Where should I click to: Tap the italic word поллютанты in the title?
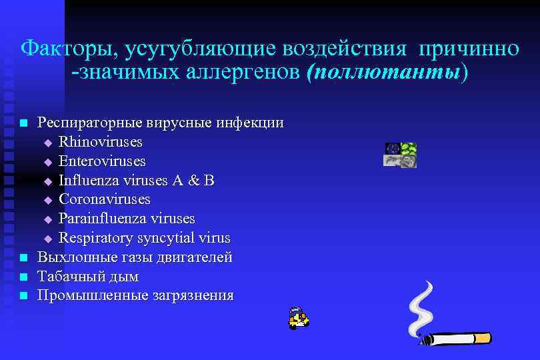tap(384, 71)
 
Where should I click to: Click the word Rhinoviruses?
tap(101, 142)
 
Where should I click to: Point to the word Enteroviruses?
tap(102, 161)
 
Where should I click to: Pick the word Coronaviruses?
tap(105, 199)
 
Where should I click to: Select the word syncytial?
tap(163, 238)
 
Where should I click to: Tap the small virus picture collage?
tap(400, 155)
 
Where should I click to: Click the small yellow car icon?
tap(298, 319)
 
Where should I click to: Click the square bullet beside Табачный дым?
tap(23, 277)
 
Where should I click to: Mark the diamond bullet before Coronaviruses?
tap(47, 200)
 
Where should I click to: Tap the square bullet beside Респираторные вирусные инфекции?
tap(23, 123)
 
